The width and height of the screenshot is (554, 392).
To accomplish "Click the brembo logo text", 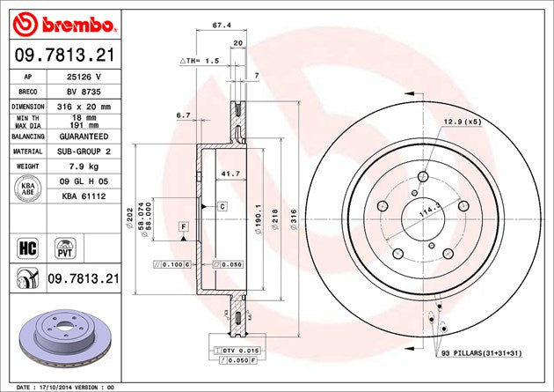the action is tap(78, 25).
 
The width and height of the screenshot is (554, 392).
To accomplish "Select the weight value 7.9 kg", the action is tap(84, 166).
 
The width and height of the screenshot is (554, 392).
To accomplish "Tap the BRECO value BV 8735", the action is tap(84, 92).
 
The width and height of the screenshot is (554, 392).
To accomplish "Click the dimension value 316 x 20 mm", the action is tap(84, 107).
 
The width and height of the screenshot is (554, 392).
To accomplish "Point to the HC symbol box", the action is tap(27, 248).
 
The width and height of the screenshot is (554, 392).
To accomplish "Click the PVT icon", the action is tap(65, 248).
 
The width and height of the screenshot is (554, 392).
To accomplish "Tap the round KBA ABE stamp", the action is tap(28, 189).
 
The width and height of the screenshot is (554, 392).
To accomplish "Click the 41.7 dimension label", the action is tap(230, 174).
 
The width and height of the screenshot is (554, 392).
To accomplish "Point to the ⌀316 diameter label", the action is tap(294, 219).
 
